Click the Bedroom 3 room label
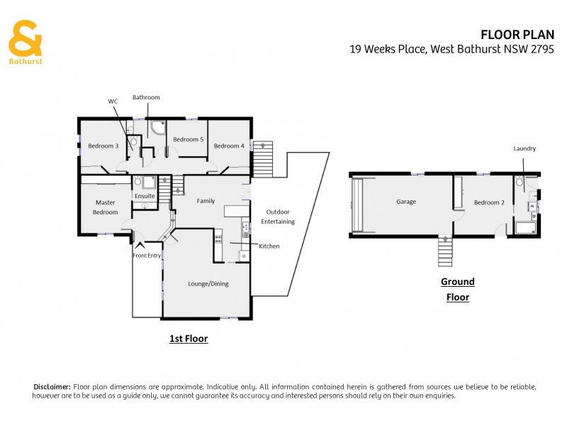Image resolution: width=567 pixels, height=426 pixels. (103, 146)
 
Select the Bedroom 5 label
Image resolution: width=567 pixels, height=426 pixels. (188, 140)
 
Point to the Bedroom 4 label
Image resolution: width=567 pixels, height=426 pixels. (229, 146)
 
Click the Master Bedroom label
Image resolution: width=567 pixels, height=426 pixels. (105, 207)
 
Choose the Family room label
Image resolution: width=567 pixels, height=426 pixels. (206, 202)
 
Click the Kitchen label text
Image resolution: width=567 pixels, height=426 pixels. (269, 246)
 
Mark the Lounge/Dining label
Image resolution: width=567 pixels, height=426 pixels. (208, 284)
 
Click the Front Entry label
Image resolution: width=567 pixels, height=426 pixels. (147, 256)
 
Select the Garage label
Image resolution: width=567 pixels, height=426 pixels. (406, 202)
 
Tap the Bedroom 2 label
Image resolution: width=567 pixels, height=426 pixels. (489, 203)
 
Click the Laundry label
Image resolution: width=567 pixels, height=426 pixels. (524, 148)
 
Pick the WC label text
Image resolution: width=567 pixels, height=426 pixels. (112, 102)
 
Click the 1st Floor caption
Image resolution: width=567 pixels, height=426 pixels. (189, 339)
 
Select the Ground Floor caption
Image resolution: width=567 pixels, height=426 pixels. (458, 290)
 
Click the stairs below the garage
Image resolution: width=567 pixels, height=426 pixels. (444, 251)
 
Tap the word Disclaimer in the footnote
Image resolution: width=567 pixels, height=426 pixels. (52, 386)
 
